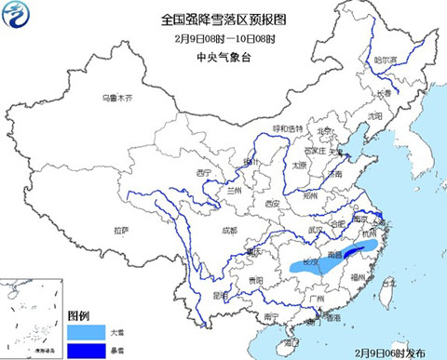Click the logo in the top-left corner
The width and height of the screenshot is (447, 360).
click(x=19, y=18)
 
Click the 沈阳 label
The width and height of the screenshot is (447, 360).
click(x=374, y=116)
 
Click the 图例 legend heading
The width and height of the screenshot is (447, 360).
click(x=81, y=316)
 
